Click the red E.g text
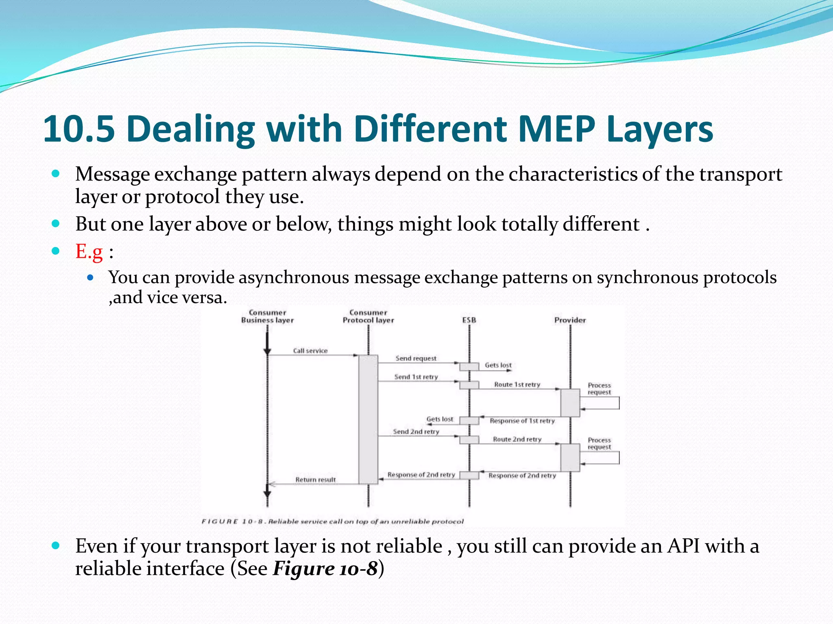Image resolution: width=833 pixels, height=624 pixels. tap(89, 251)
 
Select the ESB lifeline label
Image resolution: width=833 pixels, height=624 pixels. tap(469, 320)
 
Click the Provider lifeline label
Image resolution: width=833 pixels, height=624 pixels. tap(570, 320)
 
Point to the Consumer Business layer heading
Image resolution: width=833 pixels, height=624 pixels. tap(267, 316)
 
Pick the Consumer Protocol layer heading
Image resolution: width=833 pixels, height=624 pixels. tap(368, 316)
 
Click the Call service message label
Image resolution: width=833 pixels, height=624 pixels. tap(310, 351)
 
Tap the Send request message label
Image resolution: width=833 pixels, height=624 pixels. tap(416, 358)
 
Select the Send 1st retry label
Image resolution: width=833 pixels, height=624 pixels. tap(416, 377)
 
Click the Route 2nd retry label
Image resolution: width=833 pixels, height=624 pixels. tap(517, 439)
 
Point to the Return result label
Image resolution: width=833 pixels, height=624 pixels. tap(316, 480)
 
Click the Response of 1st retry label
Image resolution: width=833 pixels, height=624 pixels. tap(522, 421)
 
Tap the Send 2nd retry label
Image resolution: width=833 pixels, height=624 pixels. tap(416, 432)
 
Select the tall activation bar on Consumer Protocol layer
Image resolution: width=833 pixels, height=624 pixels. tap(368, 418)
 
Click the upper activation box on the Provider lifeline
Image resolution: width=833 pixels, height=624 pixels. tap(570, 403)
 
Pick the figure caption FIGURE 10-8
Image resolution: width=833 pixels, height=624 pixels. tap(332, 521)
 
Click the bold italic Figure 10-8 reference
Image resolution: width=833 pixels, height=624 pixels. tap(325, 568)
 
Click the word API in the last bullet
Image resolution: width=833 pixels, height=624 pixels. tap(683, 546)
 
